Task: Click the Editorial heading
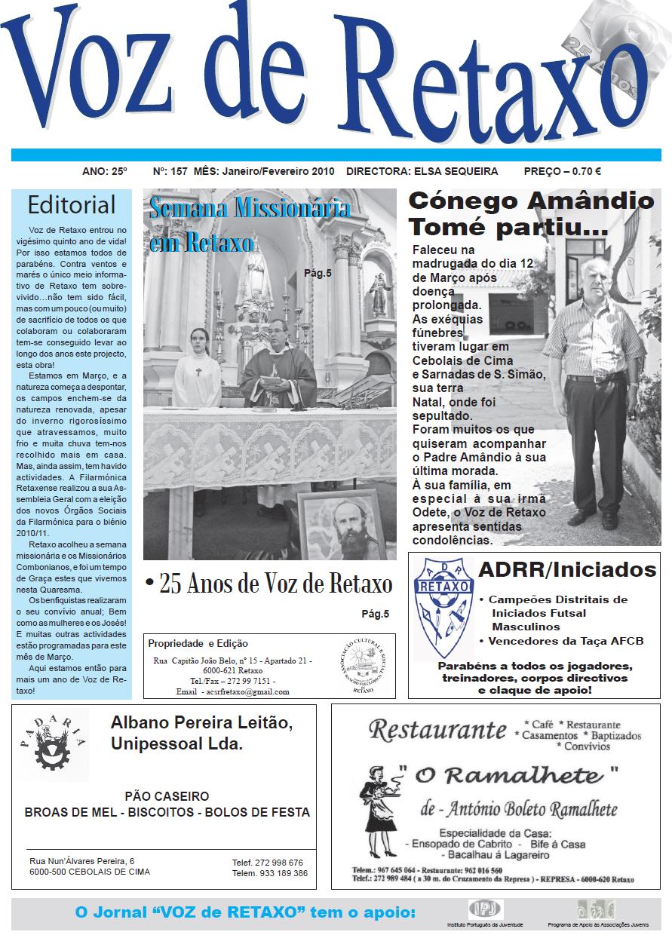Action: point(72,205)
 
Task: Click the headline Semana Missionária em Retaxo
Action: point(249,224)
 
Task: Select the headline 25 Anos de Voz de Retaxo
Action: point(269,584)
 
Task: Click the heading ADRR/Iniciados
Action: point(567,569)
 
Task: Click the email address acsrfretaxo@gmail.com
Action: point(246,691)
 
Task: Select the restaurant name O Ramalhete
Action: point(509,776)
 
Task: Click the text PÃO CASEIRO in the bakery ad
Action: point(167,796)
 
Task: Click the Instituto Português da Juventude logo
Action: point(486,908)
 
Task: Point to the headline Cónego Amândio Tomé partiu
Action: point(531,213)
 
